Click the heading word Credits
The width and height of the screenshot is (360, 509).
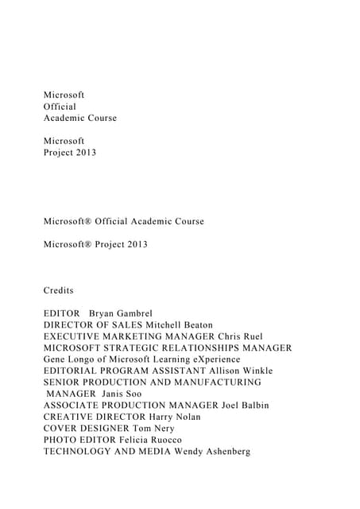tap(59, 291)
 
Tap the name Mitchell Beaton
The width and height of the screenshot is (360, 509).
tap(179, 325)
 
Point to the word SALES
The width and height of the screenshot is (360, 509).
tap(129, 325)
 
